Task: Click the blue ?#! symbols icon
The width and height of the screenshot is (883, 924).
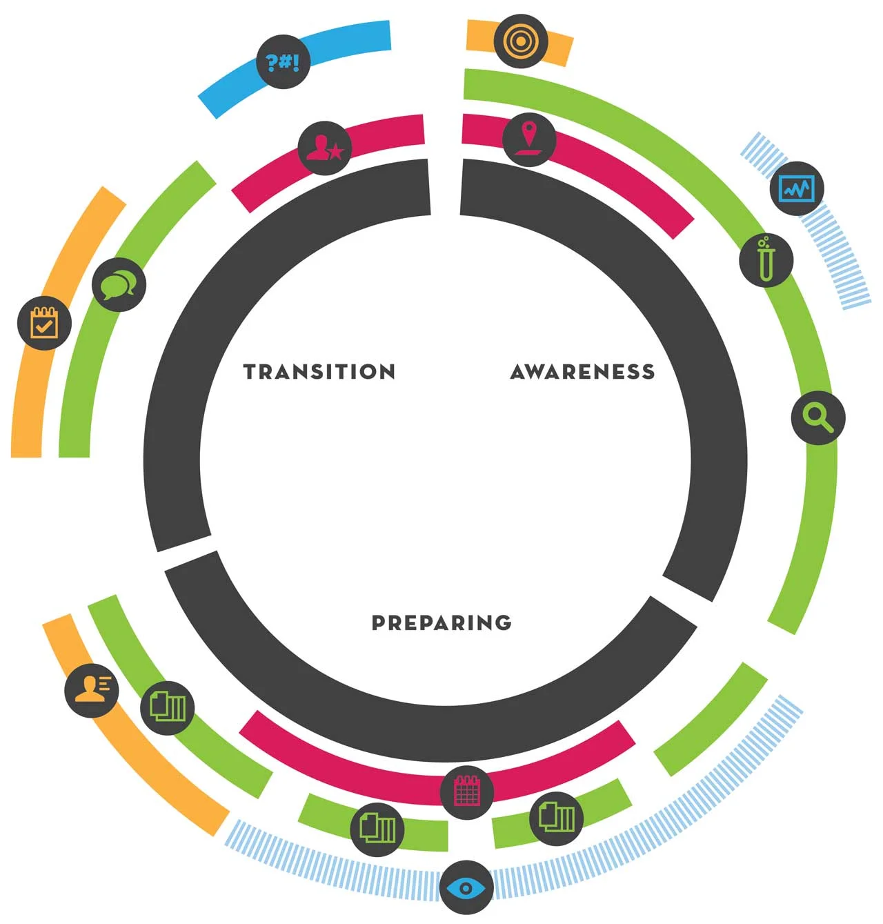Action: click(283, 62)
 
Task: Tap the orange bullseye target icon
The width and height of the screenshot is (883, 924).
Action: click(521, 41)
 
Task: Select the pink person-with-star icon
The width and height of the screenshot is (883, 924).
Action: click(325, 148)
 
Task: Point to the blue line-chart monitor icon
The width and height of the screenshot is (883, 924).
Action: click(797, 188)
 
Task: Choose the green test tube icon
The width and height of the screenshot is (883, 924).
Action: click(766, 260)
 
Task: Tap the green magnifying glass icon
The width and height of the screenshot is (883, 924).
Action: click(818, 417)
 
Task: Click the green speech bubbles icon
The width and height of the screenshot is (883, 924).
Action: click(119, 284)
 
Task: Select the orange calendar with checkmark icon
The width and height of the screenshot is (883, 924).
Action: click(44, 323)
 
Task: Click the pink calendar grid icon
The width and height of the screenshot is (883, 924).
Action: click(466, 792)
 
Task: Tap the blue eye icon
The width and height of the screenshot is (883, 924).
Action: click(466, 887)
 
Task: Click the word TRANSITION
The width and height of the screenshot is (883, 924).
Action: click(319, 372)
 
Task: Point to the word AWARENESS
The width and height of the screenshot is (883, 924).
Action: click(583, 372)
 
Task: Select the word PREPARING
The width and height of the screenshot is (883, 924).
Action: click(441, 622)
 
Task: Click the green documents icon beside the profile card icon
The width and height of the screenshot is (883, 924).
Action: click(168, 707)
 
